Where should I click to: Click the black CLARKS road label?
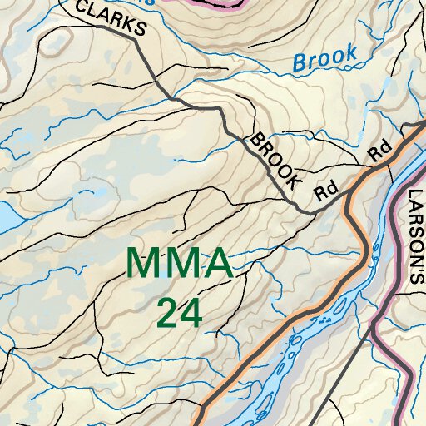[x=111, y=18]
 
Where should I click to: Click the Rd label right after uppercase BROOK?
[x=324, y=191]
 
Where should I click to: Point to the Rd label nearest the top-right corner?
[x=380, y=151]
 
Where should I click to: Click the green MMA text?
[x=178, y=264]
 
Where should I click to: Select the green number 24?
[x=179, y=313]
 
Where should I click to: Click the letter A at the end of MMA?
[x=216, y=264]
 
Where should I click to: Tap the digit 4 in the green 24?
[x=191, y=313]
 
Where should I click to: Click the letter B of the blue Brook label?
[x=300, y=62]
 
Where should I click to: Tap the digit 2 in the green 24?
[x=167, y=313]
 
